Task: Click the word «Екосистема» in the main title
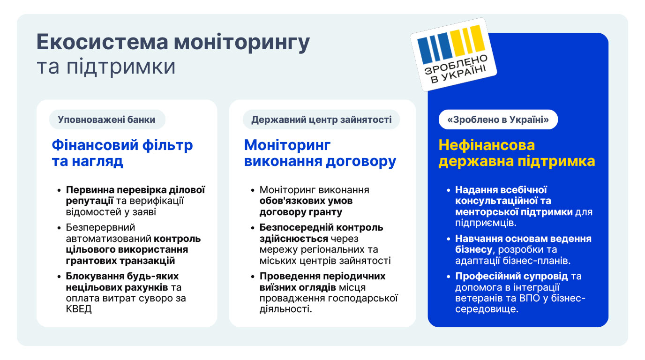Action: [x=102, y=42]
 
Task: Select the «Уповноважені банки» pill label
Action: [x=107, y=120]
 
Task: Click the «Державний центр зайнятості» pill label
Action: [x=322, y=120]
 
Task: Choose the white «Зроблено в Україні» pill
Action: [x=498, y=120]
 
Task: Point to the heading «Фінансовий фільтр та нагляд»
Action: [x=122, y=153]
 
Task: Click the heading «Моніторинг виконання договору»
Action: [x=320, y=153]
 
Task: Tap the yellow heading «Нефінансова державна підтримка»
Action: [x=517, y=153]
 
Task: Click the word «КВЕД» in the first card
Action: [x=79, y=309]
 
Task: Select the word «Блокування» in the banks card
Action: [x=93, y=276]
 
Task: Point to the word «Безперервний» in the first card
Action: [x=100, y=227]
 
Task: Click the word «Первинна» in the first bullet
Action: [x=90, y=190]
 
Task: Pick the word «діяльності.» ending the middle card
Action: [x=285, y=309]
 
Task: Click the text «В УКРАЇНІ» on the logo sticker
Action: [x=458, y=75]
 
